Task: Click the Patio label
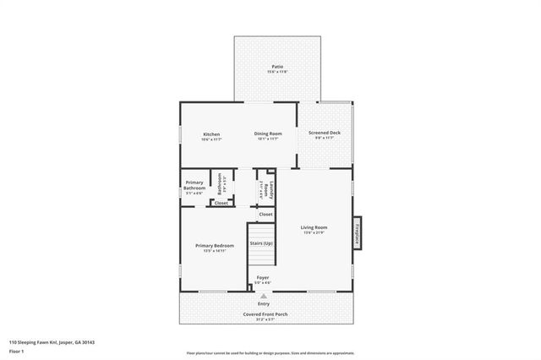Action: pyautogui.click(x=277, y=66)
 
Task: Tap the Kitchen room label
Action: pyautogui.click(x=210, y=134)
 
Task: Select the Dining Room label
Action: pyautogui.click(x=269, y=134)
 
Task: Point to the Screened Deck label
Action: pyautogui.click(x=324, y=133)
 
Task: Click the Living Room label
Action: pyautogui.click(x=314, y=227)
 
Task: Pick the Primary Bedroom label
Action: pyautogui.click(x=215, y=246)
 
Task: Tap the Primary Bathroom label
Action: pyautogui.click(x=194, y=185)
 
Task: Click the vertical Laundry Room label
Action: pyautogui.click(x=268, y=188)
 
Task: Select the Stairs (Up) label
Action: pyautogui.click(x=260, y=243)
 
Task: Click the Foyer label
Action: pyautogui.click(x=263, y=277)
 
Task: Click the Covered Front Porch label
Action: pyautogui.click(x=265, y=314)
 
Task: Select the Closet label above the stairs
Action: pyautogui.click(x=265, y=215)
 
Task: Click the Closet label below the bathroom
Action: pyautogui.click(x=221, y=203)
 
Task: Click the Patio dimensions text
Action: pyautogui.click(x=277, y=72)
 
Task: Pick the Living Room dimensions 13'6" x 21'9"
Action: pyautogui.click(x=314, y=233)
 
